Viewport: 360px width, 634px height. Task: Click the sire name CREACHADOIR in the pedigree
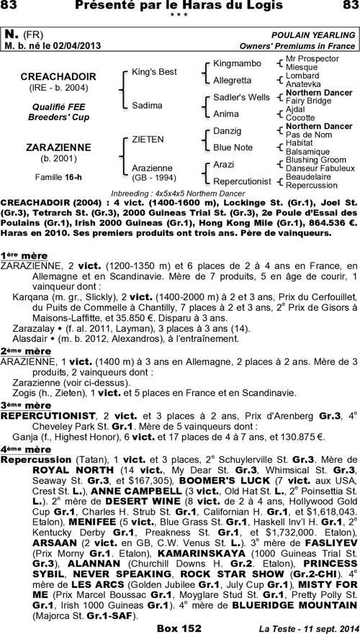pos(53,76)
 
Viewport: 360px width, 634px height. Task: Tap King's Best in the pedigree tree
pos(154,72)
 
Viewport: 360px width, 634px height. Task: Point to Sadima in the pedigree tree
pos(147,105)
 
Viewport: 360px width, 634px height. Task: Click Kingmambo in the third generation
pos(238,63)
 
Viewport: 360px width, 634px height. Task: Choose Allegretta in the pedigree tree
pos(233,80)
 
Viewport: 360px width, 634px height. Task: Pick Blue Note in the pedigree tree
pos(233,148)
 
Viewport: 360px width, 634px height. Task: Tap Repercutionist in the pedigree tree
pos(243,181)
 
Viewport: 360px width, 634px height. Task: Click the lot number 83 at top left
pos(13,6)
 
